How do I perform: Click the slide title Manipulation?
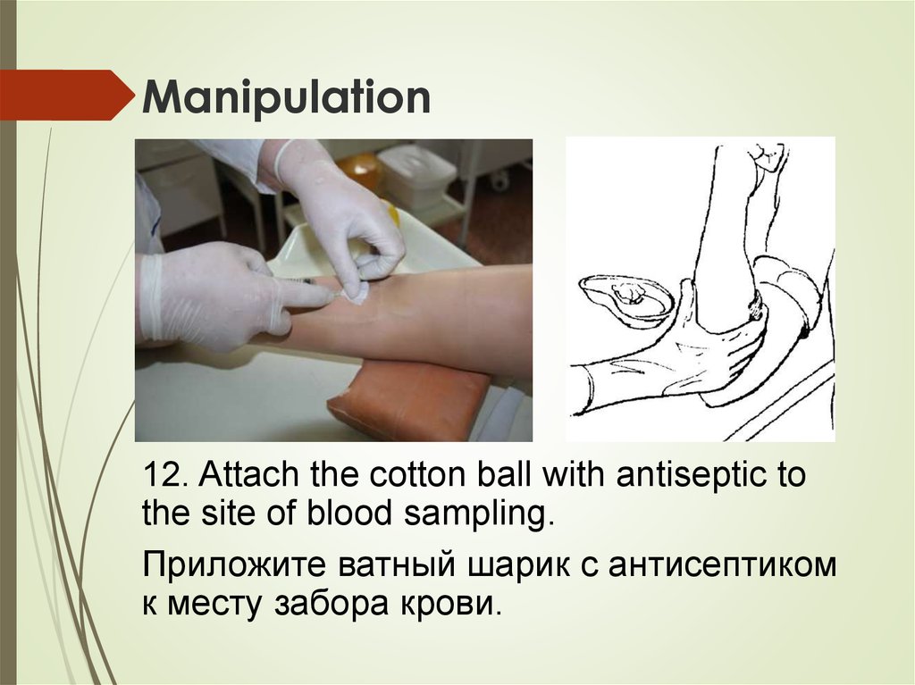click(283, 98)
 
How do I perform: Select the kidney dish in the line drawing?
click(627, 298)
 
